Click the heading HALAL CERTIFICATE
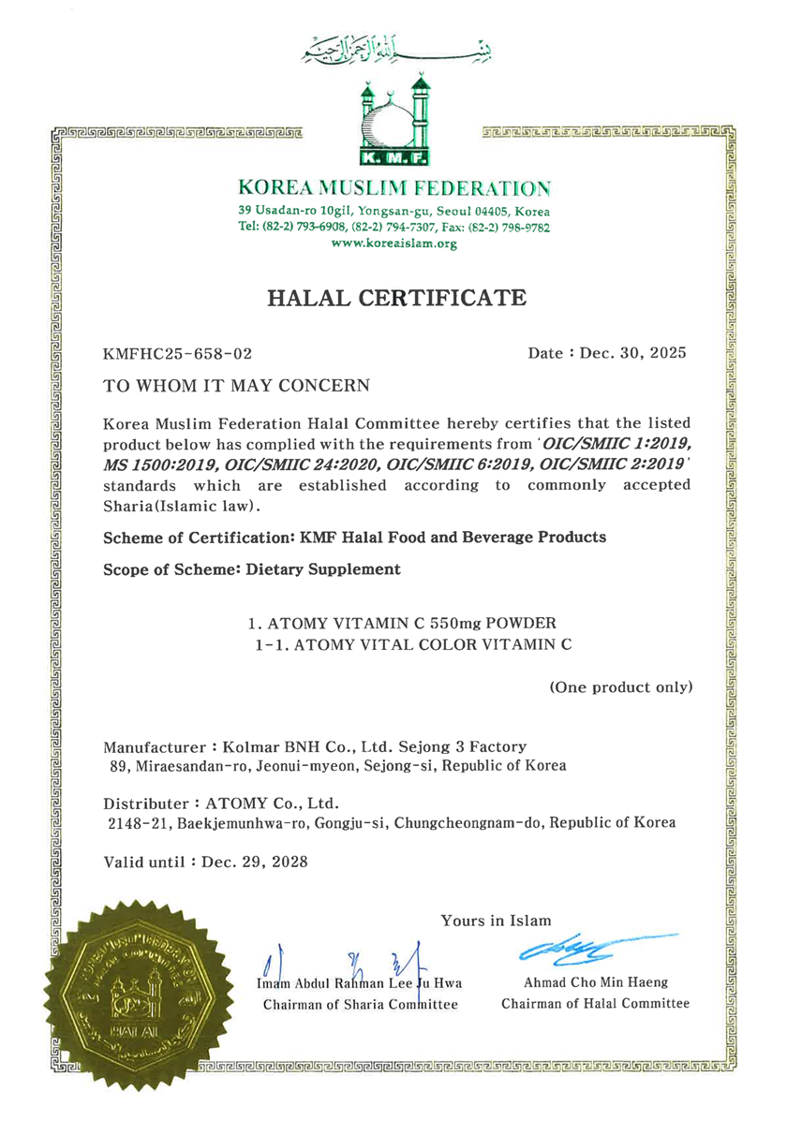tap(397, 299)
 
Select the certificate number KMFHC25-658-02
tap(177, 353)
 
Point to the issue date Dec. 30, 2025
tap(633, 353)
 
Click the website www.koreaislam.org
tap(394, 243)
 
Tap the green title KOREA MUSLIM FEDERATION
tap(394, 187)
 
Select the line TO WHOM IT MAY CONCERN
tap(236, 385)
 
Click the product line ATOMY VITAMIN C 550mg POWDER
tap(403, 623)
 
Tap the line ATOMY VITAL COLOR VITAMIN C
tap(413, 644)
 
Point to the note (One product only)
tap(620, 687)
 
